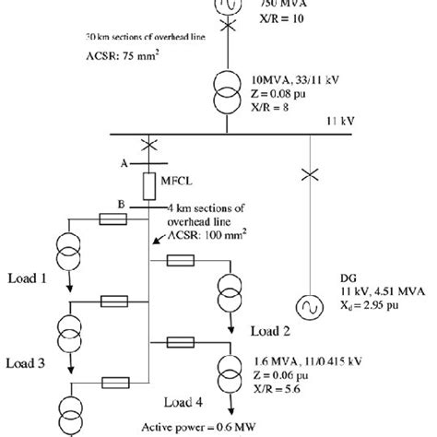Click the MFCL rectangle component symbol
(149, 187)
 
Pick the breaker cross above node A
(149, 145)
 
